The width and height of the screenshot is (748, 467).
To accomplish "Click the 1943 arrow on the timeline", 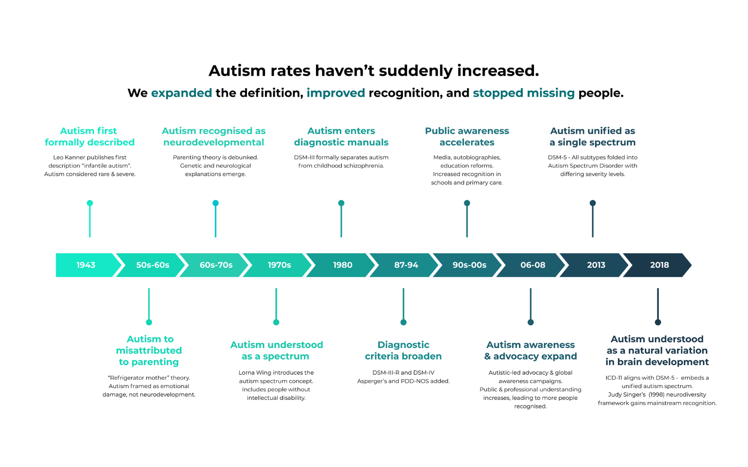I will point(86,265).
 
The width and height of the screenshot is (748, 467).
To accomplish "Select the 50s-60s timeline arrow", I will point(152,265).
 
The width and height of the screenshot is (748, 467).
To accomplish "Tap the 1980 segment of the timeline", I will point(343,265).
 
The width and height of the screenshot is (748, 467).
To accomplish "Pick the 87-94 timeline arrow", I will point(406,265).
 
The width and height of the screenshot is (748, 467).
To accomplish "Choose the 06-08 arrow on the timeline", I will point(532,265).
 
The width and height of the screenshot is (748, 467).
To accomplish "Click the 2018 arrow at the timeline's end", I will point(659,265).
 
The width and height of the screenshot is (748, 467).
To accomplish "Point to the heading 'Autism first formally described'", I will point(89,136).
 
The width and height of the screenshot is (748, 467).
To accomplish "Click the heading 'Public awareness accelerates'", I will point(467,136).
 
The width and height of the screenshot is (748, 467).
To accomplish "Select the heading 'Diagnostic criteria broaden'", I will point(403,350).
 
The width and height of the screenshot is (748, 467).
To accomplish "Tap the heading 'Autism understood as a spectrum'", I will point(276,350).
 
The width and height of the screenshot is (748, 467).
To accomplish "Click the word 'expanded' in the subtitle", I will point(181,93).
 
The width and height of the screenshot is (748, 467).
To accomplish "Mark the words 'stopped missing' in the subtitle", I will point(524,93).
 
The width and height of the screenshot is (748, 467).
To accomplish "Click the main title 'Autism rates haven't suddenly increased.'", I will point(374,71).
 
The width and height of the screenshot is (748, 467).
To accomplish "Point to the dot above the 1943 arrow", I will point(90,203).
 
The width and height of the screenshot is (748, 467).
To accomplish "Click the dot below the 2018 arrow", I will point(658,322).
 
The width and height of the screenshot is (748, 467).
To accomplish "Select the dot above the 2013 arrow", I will point(593,203).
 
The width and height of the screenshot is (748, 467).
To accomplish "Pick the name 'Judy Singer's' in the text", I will point(627,395).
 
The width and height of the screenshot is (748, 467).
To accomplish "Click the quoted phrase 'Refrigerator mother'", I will point(139,378).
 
